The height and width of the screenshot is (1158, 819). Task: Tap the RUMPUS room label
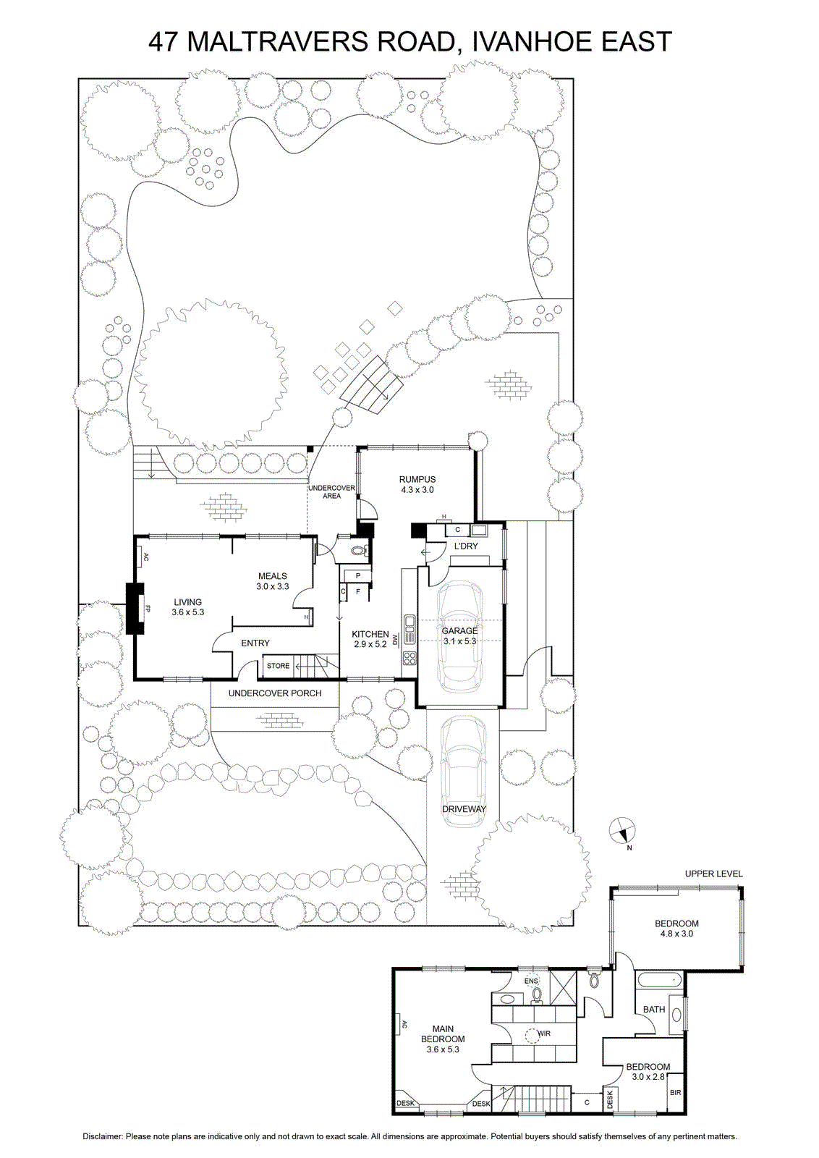pyautogui.click(x=417, y=479)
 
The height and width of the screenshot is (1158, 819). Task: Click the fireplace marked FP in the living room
pyautogui.click(x=135, y=609)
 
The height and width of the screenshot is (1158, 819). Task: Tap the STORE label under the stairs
pyautogui.click(x=278, y=666)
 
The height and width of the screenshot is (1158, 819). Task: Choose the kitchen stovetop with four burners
pyautogui.click(x=409, y=658)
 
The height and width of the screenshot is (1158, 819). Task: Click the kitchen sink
pyautogui.click(x=409, y=629)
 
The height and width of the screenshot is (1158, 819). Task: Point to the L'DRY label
pyautogui.click(x=466, y=546)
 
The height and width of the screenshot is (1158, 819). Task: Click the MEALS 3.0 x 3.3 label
pyautogui.click(x=272, y=581)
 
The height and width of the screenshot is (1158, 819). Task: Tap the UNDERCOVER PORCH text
pyautogui.click(x=275, y=693)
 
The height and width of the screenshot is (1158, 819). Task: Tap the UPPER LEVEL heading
pyautogui.click(x=713, y=874)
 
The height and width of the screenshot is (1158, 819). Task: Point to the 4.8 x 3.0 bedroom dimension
pyautogui.click(x=676, y=934)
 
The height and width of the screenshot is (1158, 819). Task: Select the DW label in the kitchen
pyautogui.click(x=396, y=639)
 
